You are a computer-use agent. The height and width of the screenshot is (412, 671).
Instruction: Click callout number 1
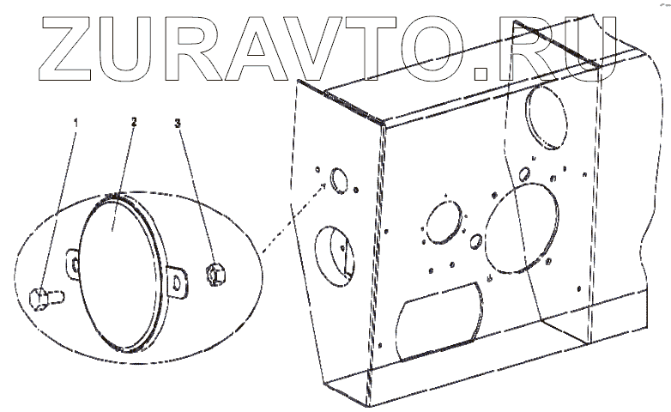[76, 124]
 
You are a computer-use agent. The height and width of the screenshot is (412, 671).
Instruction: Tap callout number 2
[134, 123]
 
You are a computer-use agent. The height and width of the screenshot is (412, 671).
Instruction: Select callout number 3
[178, 124]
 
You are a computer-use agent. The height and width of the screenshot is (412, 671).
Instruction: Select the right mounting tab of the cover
[178, 281]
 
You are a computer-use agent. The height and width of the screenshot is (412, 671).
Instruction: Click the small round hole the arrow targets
[337, 180]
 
